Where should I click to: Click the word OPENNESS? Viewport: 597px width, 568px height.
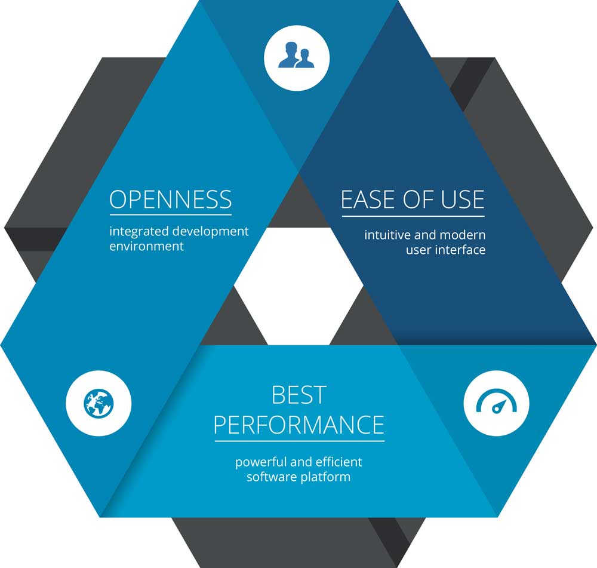171,199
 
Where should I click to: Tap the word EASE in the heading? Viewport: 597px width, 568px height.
368,199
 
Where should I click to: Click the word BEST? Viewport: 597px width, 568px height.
299,395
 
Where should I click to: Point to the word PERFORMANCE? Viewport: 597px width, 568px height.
299,425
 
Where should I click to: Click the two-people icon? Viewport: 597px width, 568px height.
296,55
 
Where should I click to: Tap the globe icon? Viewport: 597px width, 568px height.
99,403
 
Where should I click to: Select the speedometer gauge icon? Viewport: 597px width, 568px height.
497,401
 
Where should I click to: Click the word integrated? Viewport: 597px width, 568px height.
139,231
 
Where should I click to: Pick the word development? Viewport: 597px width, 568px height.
210,232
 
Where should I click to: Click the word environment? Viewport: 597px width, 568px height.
147,246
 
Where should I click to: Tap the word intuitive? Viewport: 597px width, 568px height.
387,235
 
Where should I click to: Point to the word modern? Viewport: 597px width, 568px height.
463,235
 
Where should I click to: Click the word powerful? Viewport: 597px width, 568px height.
261,462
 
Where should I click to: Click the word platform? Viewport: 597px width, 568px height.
325,477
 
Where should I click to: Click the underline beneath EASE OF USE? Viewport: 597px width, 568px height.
413,216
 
